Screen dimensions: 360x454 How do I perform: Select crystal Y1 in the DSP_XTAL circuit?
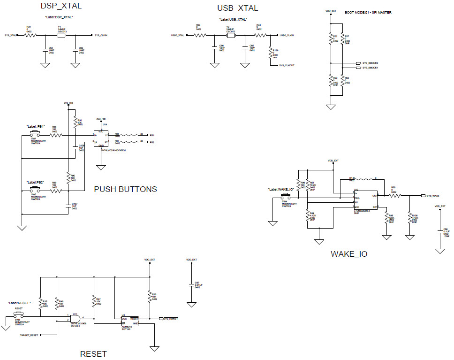[60, 35]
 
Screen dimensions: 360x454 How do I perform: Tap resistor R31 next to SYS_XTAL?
[30, 35]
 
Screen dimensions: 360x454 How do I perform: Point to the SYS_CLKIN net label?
[101, 35]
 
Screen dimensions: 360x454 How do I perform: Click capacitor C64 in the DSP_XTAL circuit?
[45, 49]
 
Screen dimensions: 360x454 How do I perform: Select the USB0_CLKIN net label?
[287, 35]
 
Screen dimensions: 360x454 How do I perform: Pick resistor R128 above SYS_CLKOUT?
[270, 53]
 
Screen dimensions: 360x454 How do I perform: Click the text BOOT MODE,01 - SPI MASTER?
[368, 12]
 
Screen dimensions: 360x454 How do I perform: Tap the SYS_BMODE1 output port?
[370, 68]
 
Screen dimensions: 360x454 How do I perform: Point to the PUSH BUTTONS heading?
[125, 189]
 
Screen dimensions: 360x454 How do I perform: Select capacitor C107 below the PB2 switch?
[68, 205]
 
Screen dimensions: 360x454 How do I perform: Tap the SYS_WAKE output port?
[431, 196]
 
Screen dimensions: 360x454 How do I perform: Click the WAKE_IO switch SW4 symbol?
[285, 198]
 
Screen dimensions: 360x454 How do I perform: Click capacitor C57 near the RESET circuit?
[191, 285]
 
